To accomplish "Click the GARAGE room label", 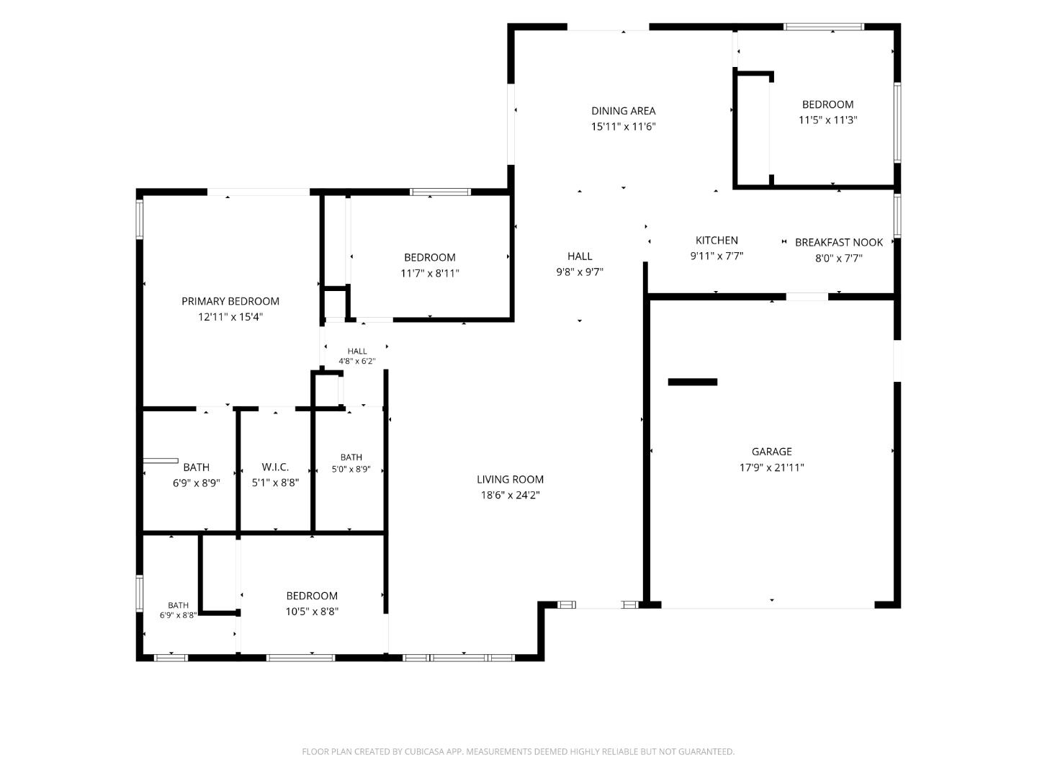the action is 771,452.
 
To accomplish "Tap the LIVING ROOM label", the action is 510,480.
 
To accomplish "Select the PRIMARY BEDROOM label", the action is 230,301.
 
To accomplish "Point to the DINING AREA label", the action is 623,111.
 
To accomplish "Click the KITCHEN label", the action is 717,241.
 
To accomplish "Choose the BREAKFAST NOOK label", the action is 838,243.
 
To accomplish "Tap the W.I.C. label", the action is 275,468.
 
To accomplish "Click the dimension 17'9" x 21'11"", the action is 771,468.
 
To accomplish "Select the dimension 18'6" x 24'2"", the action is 511,495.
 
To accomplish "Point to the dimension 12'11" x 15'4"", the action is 230,317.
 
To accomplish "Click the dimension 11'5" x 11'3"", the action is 827,120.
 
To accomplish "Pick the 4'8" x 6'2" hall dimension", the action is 356,362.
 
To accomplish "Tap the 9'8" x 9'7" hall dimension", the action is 580,272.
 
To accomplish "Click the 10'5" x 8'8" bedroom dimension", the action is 312,612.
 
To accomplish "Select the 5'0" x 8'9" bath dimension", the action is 351,470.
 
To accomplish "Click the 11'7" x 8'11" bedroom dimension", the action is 429,274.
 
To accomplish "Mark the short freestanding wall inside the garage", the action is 692,382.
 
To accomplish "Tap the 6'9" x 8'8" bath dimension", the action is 178,615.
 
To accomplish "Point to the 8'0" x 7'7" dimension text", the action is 838,259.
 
